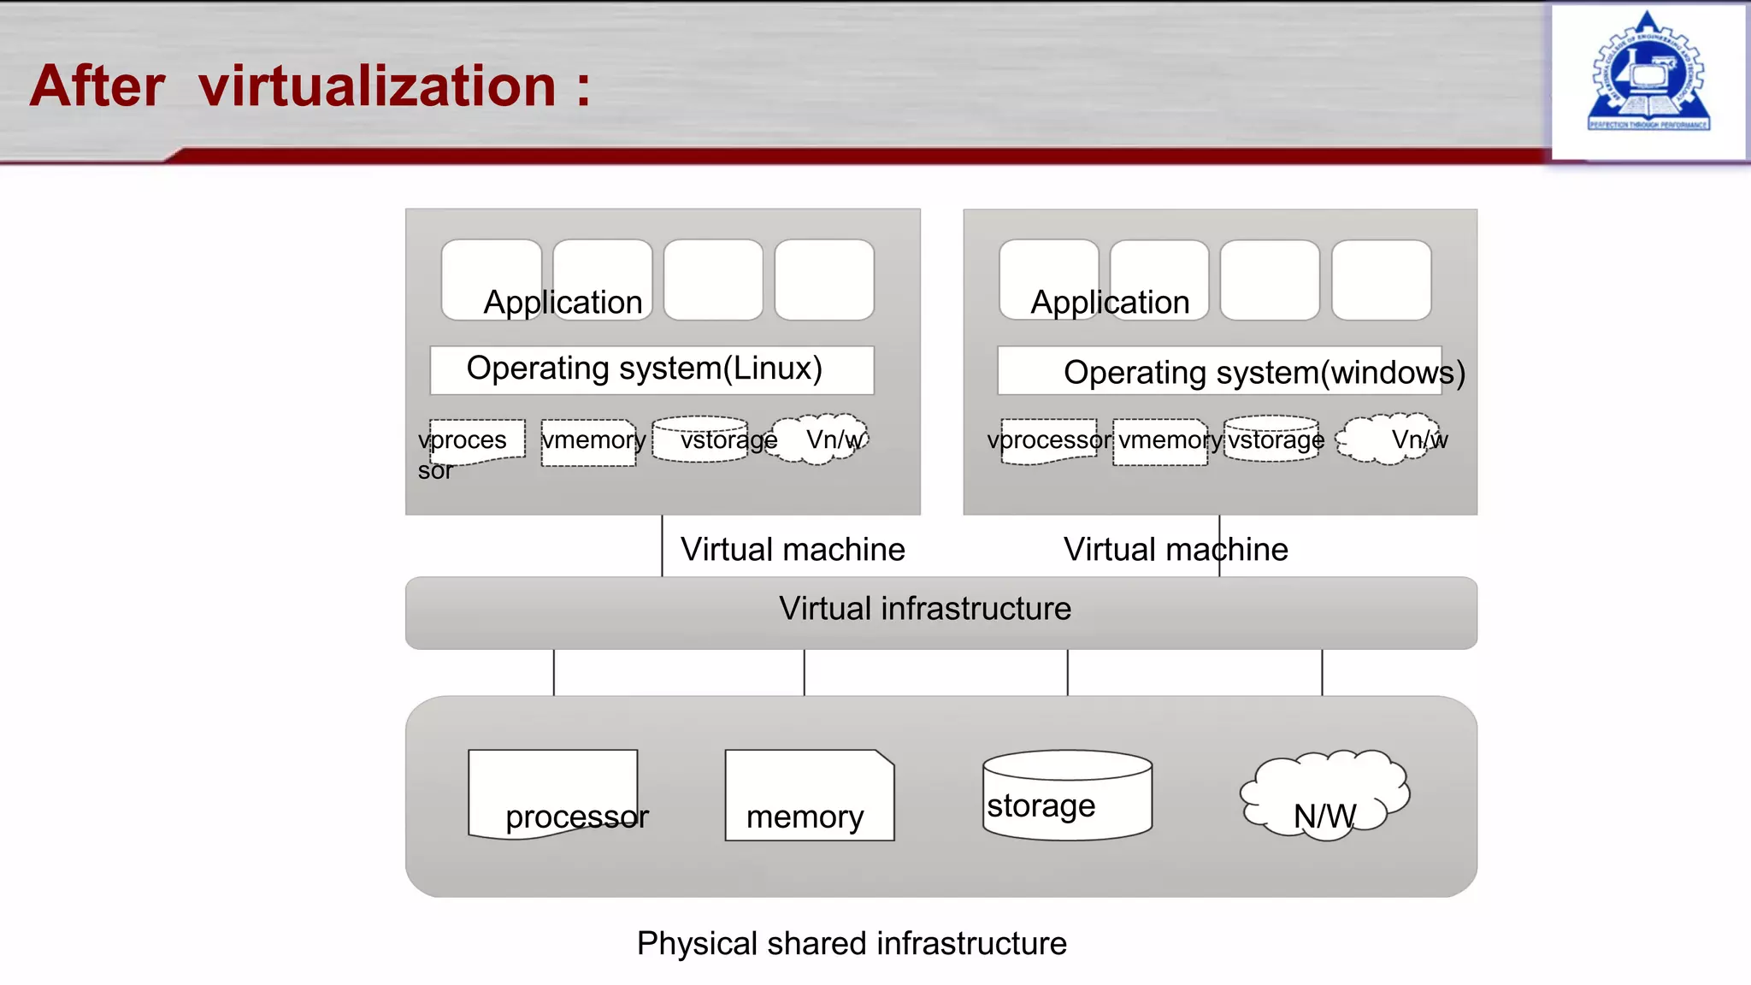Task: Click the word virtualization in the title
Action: [x=377, y=86]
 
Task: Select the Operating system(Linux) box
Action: [x=651, y=369]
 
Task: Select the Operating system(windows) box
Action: [x=1219, y=371]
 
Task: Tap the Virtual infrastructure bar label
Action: [x=924, y=609]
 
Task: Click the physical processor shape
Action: [x=553, y=793]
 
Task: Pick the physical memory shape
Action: [x=809, y=795]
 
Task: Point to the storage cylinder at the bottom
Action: [x=1067, y=795]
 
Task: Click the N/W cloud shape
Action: [x=1324, y=793]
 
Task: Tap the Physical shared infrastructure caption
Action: [x=852, y=943]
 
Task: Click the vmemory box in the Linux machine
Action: [x=589, y=442]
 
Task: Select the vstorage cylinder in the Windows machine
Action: [x=1271, y=439]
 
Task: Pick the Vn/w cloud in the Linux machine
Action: [x=818, y=439]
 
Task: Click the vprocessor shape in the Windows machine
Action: [x=1049, y=441]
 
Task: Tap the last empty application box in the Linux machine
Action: [x=824, y=280]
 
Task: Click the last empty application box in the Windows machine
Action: [x=1381, y=280]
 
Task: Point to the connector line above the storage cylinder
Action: [x=1067, y=673]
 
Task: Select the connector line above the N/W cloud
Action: [x=1322, y=673]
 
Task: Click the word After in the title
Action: [x=97, y=86]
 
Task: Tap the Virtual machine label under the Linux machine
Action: [x=793, y=549]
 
